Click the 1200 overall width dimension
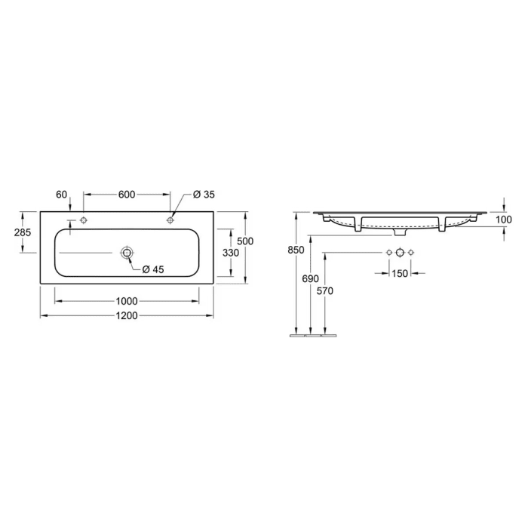coord(127,315)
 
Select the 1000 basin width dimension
coord(127,301)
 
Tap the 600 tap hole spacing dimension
coord(126,195)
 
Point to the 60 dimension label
coord(62,195)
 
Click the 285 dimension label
coord(23,232)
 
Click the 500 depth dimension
coord(245,241)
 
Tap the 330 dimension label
coord(231,253)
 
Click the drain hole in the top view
coord(127,252)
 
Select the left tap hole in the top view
coord(83,220)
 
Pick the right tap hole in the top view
coord(171,220)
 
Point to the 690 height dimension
coord(310,279)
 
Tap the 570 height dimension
coord(324,291)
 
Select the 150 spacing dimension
coord(400,273)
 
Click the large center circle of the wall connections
coord(400,251)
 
